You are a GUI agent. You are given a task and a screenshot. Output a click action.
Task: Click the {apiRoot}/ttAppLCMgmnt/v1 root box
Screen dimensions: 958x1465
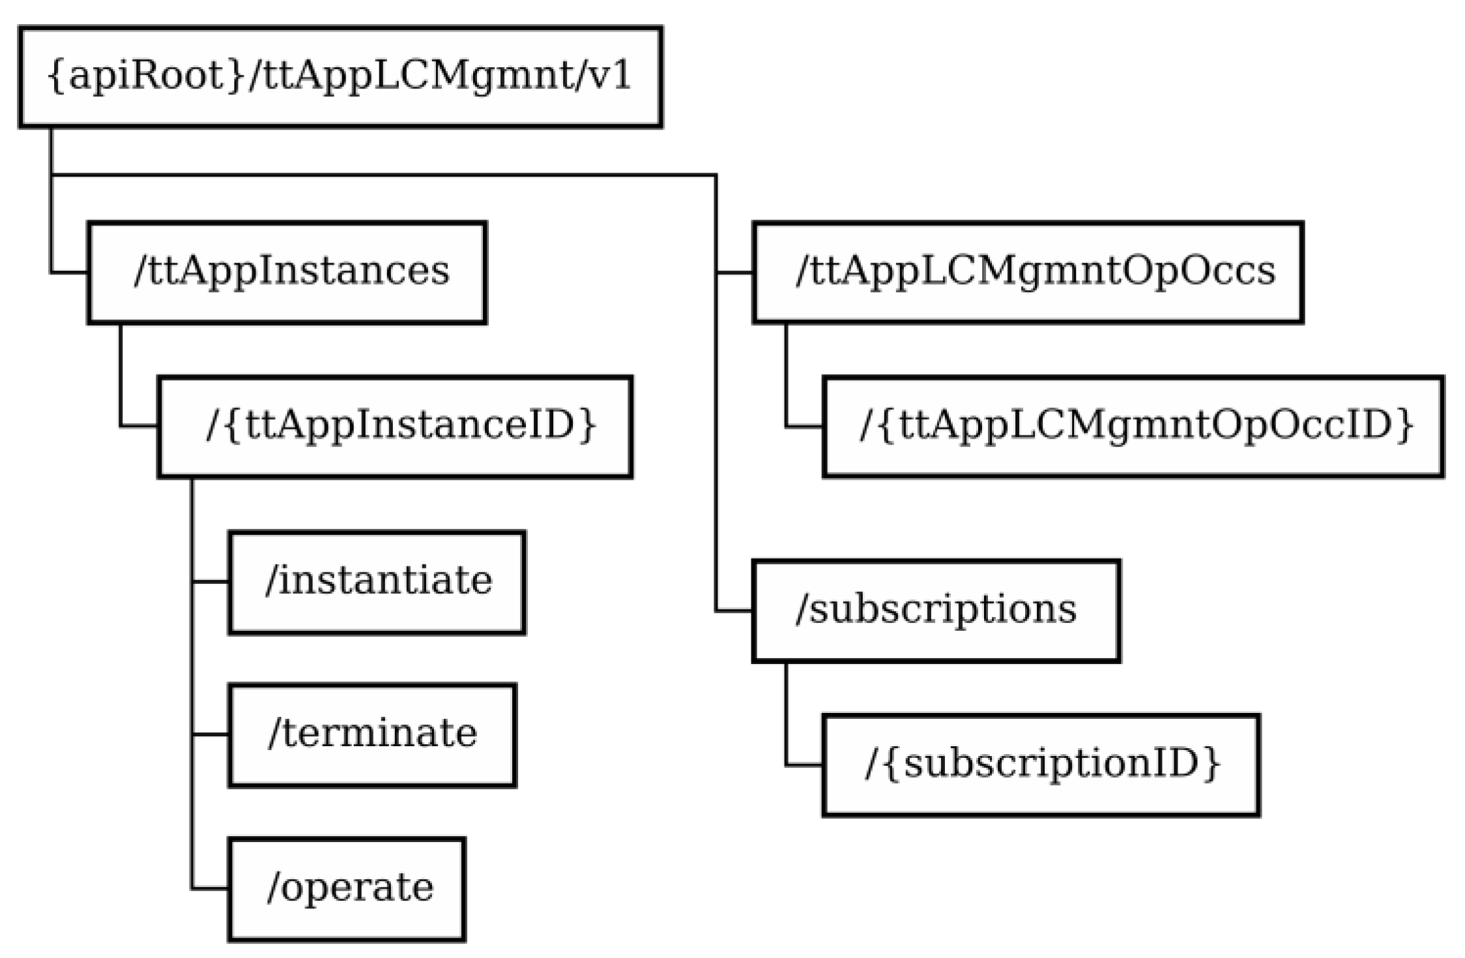[x=340, y=77]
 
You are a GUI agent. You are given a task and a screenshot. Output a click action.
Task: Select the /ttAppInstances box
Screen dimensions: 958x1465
[x=287, y=272]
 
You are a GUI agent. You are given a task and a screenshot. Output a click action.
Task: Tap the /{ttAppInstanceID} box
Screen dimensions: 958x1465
[x=395, y=427]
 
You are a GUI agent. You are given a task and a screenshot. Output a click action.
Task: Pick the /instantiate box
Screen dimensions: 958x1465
[x=377, y=582]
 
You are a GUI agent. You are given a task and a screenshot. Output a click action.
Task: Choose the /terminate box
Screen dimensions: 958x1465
[x=372, y=735]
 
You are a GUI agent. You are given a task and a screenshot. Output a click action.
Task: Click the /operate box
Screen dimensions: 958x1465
[x=347, y=889]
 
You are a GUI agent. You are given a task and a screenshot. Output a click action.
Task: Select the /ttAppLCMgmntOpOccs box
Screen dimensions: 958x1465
[x=1028, y=272]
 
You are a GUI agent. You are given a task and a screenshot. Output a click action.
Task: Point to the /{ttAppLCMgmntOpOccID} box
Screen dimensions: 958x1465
[x=1133, y=427]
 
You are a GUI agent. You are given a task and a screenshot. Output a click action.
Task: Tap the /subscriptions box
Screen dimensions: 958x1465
[x=936, y=611]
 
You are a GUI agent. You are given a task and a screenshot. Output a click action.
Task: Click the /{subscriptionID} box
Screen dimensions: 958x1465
[x=1041, y=765]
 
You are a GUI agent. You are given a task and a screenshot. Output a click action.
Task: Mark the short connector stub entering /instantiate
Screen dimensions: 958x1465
[x=210, y=581]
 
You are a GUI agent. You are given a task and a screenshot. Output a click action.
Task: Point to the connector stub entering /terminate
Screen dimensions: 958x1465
[x=210, y=734]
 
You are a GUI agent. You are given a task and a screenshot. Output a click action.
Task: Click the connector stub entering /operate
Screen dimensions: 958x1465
[x=210, y=888]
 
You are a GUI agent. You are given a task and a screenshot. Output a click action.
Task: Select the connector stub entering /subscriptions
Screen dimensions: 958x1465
[x=734, y=611]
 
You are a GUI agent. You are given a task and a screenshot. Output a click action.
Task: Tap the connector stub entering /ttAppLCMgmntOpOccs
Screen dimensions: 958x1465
[x=734, y=272]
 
